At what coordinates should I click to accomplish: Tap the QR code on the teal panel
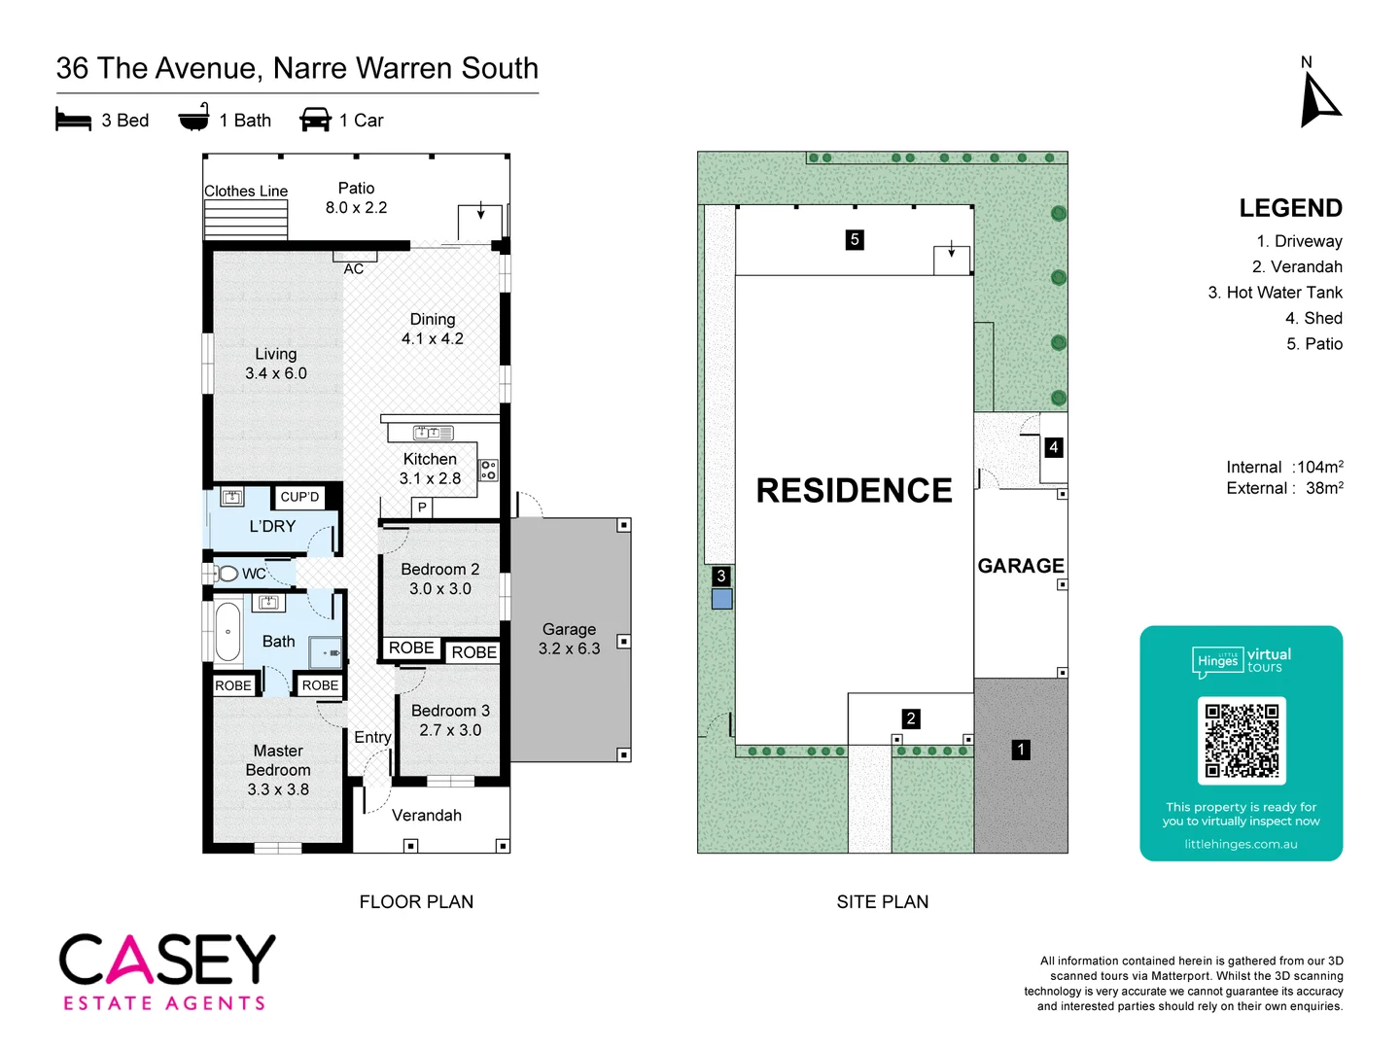tap(1242, 741)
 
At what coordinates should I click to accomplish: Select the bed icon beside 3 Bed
tap(73, 121)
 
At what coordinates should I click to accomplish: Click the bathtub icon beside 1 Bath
tap(194, 118)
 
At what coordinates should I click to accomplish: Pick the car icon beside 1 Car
tap(316, 120)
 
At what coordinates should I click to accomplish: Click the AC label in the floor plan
tap(354, 268)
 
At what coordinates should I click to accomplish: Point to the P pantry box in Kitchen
tap(422, 507)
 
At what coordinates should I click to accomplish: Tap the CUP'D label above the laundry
tap(299, 497)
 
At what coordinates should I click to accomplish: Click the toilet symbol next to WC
tap(227, 574)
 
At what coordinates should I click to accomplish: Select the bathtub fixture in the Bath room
tap(227, 632)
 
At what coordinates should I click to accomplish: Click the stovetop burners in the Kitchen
tap(488, 471)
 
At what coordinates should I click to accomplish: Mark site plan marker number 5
tap(855, 239)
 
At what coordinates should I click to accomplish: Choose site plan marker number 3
tap(721, 576)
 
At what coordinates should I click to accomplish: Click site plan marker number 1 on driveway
tap(1021, 750)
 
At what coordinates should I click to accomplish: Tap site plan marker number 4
tap(1053, 447)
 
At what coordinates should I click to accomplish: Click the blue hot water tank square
tap(721, 599)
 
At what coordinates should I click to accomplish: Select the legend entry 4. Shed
tap(1313, 318)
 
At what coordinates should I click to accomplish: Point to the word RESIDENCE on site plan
tap(854, 491)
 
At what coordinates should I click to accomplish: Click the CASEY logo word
tap(167, 960)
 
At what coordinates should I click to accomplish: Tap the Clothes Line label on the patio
tap(246, 192)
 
